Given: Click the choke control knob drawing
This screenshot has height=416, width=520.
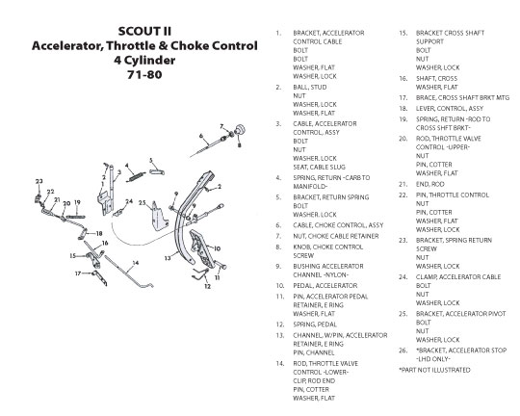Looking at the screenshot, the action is (x=241, y=130).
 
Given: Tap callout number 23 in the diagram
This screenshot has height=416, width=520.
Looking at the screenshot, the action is (x=39, y=181).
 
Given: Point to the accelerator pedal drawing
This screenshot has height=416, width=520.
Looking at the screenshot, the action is (x=201, y=247).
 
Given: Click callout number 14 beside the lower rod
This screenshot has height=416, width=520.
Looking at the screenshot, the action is (x=136, y=263).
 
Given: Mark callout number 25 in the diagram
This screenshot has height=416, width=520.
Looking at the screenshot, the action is (x=143, y=202).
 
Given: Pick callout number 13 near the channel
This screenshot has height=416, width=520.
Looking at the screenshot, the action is (x=168, y=258).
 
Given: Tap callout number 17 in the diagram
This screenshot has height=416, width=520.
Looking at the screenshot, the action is (x=78, y=273).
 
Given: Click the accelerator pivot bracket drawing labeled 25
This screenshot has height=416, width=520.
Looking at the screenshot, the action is (x=159, y=217).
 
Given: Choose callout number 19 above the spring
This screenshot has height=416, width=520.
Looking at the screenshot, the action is (x=77, y=202).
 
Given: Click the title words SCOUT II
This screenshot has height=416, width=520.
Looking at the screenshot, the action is (x=144, y=31).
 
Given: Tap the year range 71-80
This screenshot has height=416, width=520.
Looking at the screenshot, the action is (x=144, y=74).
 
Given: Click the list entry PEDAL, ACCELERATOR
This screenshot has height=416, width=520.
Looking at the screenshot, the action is (x=325, y=286).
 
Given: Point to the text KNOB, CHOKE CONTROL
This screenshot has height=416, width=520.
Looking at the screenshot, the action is (x=328, y=247).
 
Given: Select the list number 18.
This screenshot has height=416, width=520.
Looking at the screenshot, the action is (x=403, y=109).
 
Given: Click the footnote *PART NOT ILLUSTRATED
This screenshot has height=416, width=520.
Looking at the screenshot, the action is (x=434, y=370).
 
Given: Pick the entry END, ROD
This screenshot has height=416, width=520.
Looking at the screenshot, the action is (x=430, y=184).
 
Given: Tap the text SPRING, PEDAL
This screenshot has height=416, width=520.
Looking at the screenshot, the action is (x=315, y=325).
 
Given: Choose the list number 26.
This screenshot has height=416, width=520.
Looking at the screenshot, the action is (x=403, y=351).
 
